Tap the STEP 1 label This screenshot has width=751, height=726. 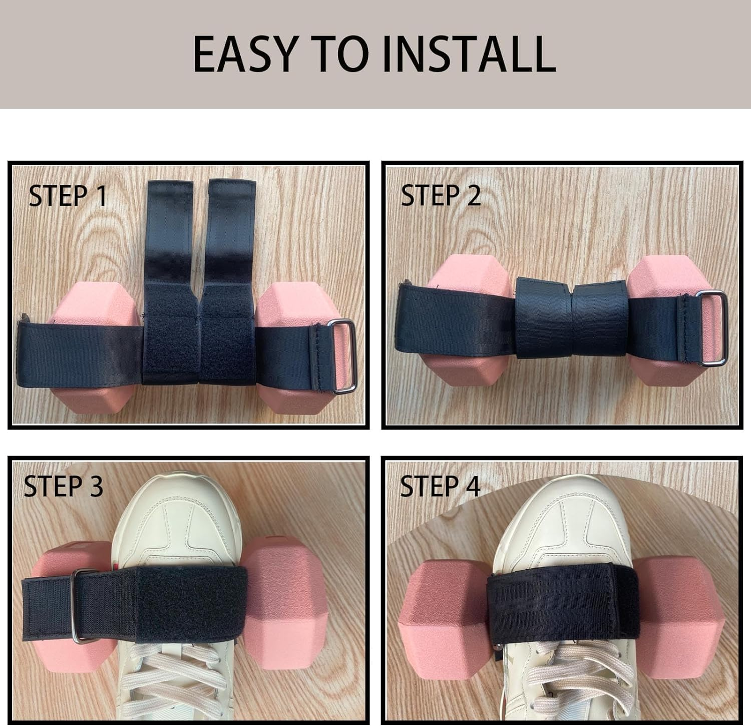click(68, 196)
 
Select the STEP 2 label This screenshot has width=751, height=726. click(441, 196)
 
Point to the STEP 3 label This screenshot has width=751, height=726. click(64, 486)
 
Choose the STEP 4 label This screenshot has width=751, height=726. click(440, 486)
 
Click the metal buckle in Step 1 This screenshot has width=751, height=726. click(342, 356)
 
